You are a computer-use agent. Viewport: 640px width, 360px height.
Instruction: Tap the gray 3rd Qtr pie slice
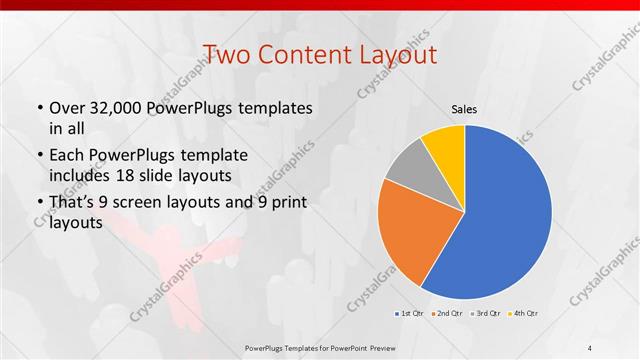[x=410, y=174]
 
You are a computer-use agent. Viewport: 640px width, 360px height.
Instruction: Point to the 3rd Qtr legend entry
[x=485, y=314]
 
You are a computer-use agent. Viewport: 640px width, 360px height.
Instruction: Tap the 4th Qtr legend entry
[x=523, y=314]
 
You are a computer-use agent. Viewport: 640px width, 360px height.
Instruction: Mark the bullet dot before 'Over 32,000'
[x=39, y=108]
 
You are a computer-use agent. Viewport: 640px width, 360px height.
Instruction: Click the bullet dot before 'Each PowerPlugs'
[x=39, y=157]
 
